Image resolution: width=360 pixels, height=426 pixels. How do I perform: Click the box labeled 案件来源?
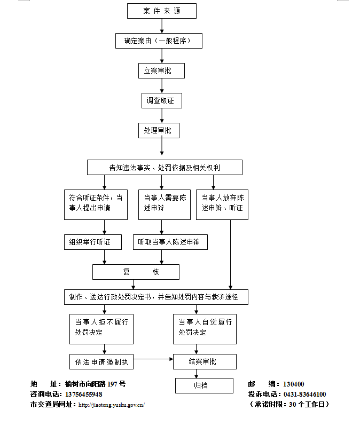[x=162, y=11]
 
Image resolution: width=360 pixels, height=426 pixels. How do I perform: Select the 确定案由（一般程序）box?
[x=159, y=41]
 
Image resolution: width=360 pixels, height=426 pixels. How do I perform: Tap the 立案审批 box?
[x=161, y=70]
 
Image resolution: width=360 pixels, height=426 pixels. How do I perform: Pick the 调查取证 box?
[x=161, y=100]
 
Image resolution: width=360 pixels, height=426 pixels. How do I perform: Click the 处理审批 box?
[x=159, y=130]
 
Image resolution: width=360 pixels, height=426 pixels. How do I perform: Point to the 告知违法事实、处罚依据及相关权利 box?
[x=165, y=168]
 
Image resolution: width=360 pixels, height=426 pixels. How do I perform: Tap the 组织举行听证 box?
[x=92, y=242]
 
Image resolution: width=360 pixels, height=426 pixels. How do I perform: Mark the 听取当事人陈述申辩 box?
[x=170, y=242]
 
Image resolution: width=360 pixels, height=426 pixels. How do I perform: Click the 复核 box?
[x=136, y=272]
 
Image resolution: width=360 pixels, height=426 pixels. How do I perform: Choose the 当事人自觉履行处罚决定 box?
[x=205, y=328]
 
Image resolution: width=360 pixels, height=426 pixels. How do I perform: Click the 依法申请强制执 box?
[x=101, y=361]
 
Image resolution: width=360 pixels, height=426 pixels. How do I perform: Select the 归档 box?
[x=205, y=385]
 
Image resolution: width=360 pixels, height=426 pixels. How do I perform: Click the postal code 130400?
[x=293, y=384]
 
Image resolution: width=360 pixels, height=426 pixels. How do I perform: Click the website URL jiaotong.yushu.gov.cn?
[x=111, y=405]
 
